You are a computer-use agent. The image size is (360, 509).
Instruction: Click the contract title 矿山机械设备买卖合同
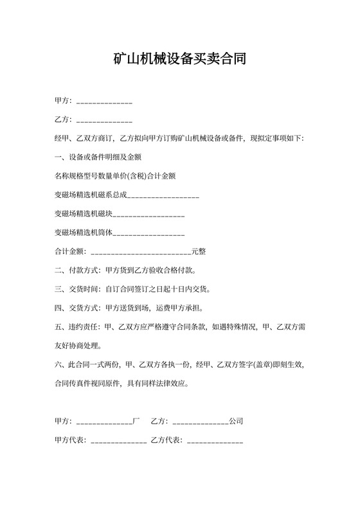pyautogui.click(x=180, y=60)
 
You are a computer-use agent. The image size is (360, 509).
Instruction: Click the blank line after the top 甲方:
pyautogui.click(x=104, y=102)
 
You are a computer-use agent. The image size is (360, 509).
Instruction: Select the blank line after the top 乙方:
pyautogui.click(x=104, y=120)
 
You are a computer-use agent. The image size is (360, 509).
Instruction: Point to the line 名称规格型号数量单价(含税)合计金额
pyautogui.click(x=116, y=175)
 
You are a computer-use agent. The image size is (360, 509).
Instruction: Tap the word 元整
pyautogui.click(x=199, y=251)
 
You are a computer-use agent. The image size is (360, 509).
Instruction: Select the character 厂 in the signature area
pyautogui.click(x=136, y=422)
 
